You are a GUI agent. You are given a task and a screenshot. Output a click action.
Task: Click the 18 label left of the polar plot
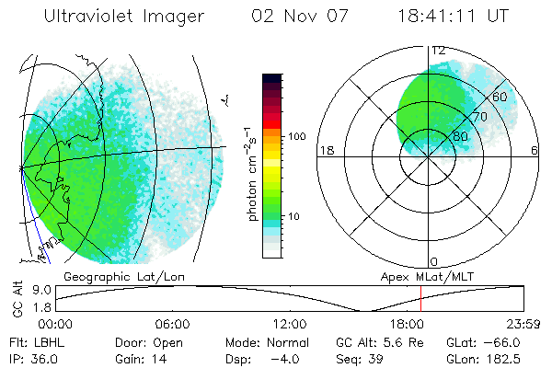pyautogui.click(x=325, y=151)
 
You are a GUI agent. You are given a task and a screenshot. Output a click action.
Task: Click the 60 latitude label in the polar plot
pyautogui.click(x=500, y=97)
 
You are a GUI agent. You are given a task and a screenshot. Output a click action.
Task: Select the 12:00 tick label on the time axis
pyautogui.click(x=289, y=324)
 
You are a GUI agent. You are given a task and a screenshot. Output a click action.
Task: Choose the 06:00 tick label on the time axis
pyautogui.click(x=172, y=324)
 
